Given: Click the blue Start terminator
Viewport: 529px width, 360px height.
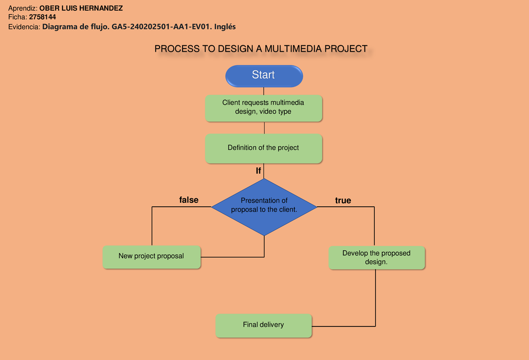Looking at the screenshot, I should [x=264, y=75].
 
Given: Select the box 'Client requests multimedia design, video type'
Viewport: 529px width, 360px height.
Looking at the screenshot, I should [x=264, y=108].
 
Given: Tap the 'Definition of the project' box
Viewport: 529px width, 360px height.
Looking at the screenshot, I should [x=264, y=148].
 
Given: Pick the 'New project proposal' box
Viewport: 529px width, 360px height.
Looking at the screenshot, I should [x=151, y=256].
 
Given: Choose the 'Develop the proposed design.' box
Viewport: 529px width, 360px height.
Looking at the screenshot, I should [x=376, y=257].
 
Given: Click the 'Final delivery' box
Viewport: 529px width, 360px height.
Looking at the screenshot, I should [x=264, y=325].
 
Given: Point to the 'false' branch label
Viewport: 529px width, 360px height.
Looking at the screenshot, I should [x=189, y=200].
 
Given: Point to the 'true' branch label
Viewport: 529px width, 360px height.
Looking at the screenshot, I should [x=343, y=201].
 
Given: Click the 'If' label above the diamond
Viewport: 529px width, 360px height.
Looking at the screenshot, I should [x=258, y=170].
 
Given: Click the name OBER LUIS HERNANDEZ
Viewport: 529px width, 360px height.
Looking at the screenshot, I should [x=81, y=8].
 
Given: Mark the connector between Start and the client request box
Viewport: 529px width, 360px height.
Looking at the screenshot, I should [x=264, y=91].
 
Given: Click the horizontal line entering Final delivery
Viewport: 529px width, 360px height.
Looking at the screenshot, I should [x=344, y=326].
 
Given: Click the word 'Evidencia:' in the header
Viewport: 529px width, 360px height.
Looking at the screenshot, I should [x=24, y=27].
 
